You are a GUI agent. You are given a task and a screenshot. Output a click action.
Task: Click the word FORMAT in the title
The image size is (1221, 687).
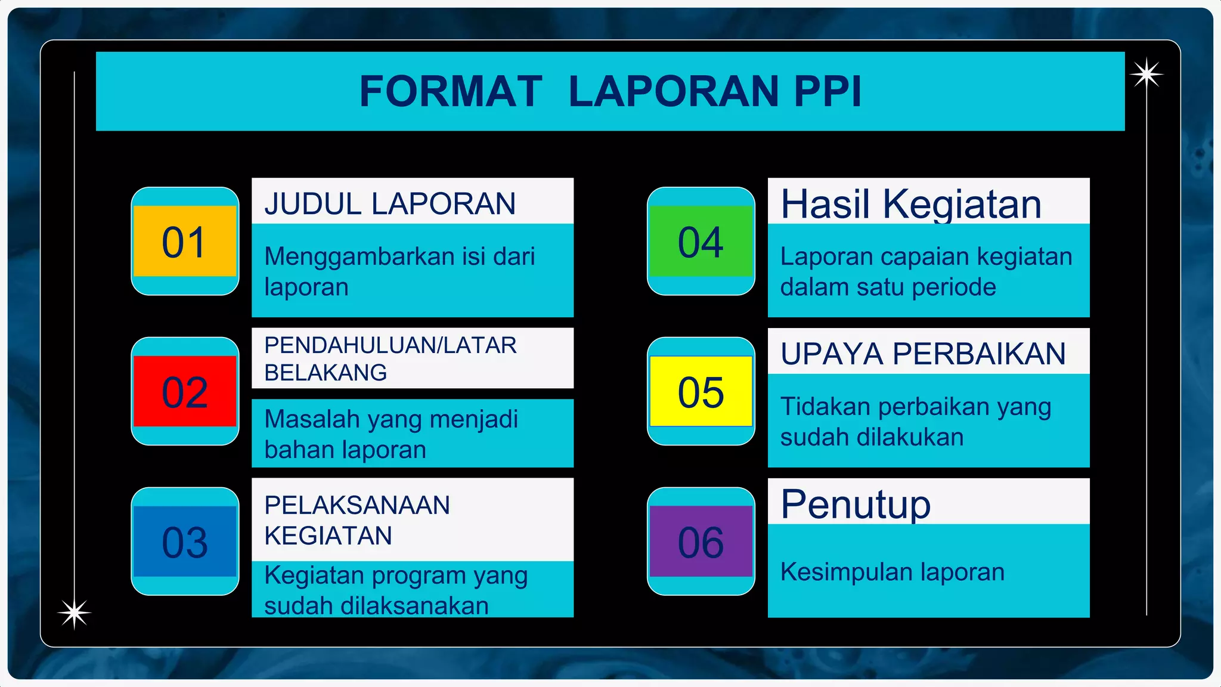[451, 91]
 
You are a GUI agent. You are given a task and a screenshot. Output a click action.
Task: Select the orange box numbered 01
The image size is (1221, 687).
[185, 242]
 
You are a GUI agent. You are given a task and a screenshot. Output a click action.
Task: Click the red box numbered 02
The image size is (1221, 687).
[185, 392]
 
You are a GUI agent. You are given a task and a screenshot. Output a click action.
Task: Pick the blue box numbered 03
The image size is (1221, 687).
[185, 542]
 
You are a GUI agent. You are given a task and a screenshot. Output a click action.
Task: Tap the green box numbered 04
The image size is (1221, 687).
[701, 242]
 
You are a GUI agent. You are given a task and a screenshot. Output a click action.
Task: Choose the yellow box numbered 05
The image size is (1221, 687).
[701, 392]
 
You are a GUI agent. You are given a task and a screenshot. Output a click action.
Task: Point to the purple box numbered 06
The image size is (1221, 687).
[701, 542]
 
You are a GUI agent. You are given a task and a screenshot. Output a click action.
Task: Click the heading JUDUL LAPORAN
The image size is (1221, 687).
[390, 203]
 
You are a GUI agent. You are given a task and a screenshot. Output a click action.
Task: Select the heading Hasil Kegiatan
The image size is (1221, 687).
[911, 204]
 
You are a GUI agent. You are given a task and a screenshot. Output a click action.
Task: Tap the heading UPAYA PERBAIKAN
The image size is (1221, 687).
[923, 354]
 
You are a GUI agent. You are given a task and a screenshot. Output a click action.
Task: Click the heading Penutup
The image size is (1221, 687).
[856, 505]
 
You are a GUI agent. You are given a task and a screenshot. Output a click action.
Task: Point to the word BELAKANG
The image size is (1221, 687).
[326, 373]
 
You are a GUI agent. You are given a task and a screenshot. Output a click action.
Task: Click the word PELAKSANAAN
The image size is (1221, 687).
[357, 505]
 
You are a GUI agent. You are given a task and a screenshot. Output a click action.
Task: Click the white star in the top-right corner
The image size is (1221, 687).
[1146, 75]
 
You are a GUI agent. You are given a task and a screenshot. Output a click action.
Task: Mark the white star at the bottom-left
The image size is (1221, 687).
[74, 613]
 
